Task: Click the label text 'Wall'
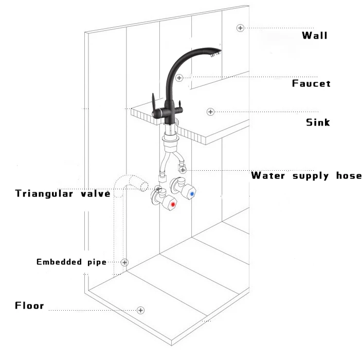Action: [314, 35]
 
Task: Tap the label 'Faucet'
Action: [311, 83]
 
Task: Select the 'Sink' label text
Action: [318, 122]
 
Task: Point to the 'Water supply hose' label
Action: [306, 175]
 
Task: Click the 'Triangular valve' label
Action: [63, 193]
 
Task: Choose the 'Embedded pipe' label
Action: [71, 262]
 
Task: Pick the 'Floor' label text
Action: [29, 306]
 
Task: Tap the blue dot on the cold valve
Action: [192, 194]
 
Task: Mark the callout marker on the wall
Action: [240, 28]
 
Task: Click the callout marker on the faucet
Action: [179, 78]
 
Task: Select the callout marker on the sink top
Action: [210, 112]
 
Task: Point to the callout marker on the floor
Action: [140, 310]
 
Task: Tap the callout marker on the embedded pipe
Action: [124, 262]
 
